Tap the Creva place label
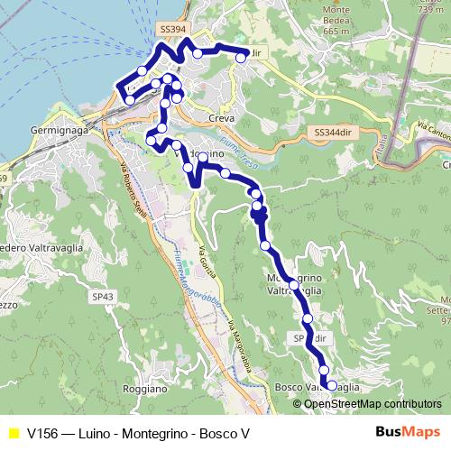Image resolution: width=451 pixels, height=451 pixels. click(x=221, y=118)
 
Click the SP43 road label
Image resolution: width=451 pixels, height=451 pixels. click(x=103, y=296)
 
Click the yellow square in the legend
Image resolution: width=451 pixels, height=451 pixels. click(x=13, y=433)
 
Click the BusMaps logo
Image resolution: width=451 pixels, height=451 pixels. click(x=409, y=432)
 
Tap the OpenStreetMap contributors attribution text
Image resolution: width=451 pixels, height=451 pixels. click(x=373, y=403)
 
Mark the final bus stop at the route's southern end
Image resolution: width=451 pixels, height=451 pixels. click(x=331, y=385)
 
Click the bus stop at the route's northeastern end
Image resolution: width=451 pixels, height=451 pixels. click(x=241, y=57)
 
